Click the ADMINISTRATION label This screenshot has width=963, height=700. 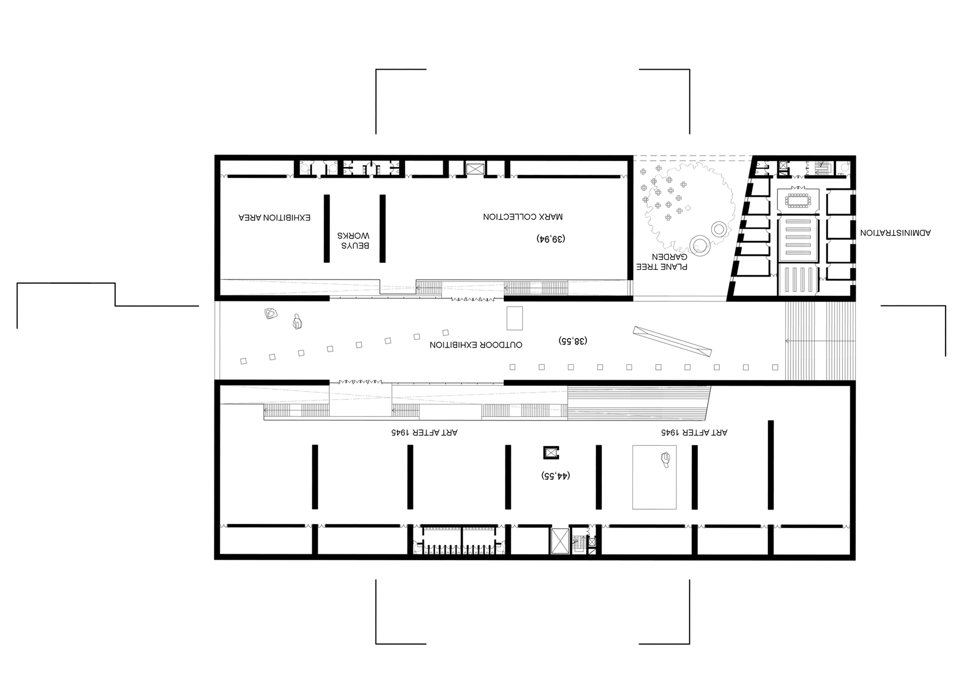(x=895, y=233)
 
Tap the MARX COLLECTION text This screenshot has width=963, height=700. (x=523, y=216)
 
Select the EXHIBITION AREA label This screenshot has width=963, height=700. (x=275, y=217)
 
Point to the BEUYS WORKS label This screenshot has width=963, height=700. (x=354, y=240)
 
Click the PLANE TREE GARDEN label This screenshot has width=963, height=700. (x=662, y=262)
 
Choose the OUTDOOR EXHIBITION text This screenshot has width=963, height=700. (x=476, y=345)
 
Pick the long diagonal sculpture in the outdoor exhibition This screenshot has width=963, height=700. (x=672, y=341)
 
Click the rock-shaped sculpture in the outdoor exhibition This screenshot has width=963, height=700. (x=271, y=313)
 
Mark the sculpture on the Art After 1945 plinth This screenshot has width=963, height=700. (x=666, y=459)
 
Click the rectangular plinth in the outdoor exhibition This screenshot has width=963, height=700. (x=515, y=318)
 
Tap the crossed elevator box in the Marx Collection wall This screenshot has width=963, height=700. (x=475, y=169)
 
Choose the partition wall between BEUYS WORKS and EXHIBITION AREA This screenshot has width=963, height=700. (x=327, y=229)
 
